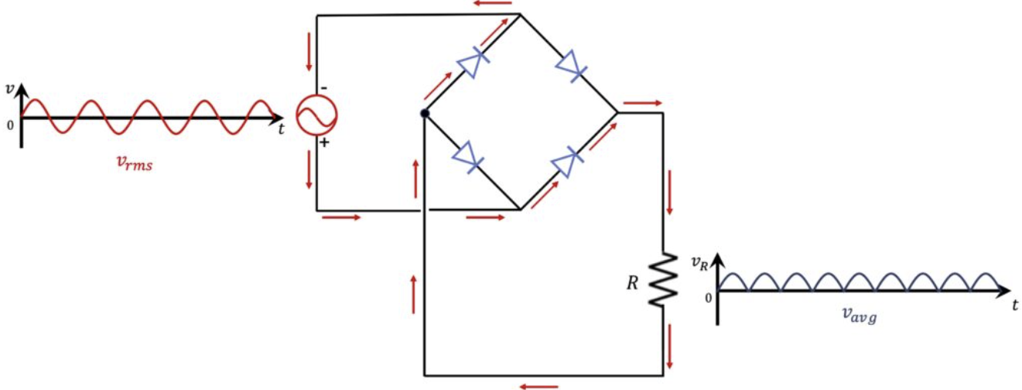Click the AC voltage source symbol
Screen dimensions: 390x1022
pos(316,116)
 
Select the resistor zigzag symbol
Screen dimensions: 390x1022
pos(663,279)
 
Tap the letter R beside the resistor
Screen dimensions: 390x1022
pos(632,283)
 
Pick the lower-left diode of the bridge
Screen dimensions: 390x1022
pos(469,157)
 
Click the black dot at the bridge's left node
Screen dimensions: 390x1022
pos(424,113)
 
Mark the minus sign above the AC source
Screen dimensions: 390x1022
pos(323,87)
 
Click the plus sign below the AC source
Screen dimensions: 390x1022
pos(324,143)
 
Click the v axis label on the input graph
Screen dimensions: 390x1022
pos(9,87)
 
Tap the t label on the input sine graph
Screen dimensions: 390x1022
pos(281,129)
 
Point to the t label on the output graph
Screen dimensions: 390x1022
pos(1014,305)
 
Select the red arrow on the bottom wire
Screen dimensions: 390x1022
pos(538,385)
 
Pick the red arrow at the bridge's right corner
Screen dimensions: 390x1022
pos(642,102)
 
